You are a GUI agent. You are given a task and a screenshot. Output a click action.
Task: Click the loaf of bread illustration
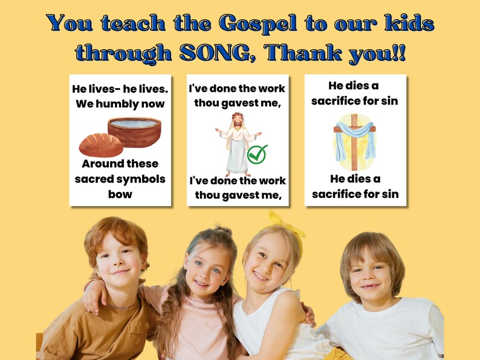pos(100,145)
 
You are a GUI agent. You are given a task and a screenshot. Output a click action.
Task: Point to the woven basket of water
pos(134,130)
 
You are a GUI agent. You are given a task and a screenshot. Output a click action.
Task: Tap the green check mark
pos(257,154)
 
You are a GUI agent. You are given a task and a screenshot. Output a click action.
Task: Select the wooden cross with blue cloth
pos(354,141)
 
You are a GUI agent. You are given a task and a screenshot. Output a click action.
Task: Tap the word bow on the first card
pos(120,194)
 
